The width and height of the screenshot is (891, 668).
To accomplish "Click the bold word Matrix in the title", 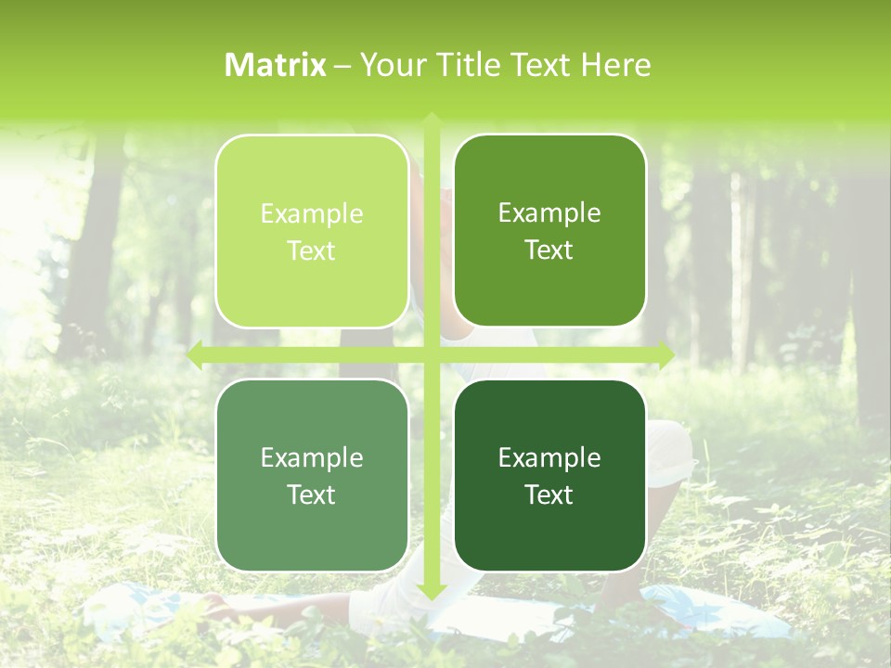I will click(276, 65).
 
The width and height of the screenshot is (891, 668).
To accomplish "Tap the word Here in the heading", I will click(615, 65).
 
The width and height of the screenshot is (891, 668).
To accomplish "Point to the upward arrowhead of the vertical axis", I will click(431, 120).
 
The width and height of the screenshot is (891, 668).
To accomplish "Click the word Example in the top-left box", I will click(312, 214).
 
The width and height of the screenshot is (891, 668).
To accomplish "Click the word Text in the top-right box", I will click(549, 250).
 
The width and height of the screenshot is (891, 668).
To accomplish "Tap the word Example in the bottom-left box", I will click(312, 458).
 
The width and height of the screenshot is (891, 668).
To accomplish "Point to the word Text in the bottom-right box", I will click(549, 495).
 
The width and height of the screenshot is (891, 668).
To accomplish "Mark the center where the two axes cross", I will click(431, 354).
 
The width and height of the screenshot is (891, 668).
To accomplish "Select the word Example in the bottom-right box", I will click(549, 458).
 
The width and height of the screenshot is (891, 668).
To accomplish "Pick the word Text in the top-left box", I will click(312, 251).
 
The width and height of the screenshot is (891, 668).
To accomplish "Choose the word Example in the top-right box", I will click(549, 213).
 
